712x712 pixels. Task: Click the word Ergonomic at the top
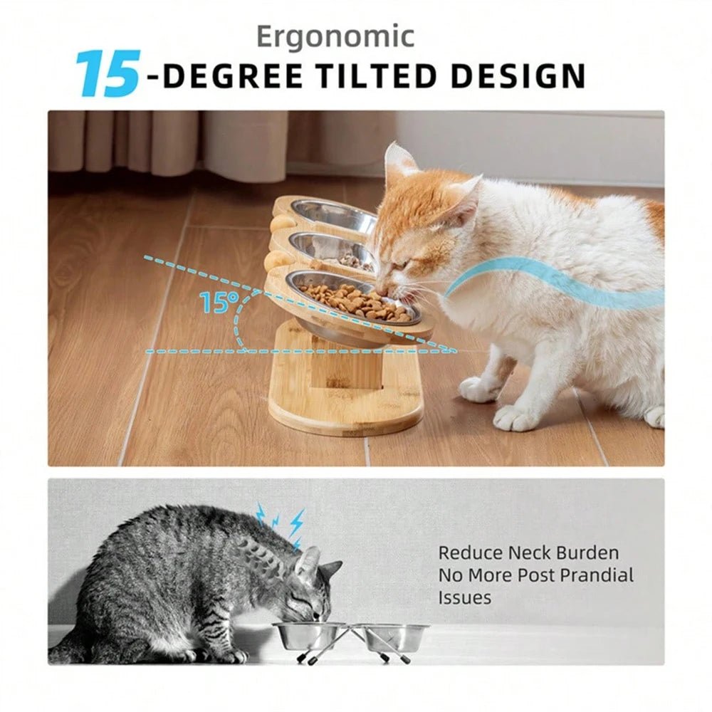335,36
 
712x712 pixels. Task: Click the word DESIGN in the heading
524,76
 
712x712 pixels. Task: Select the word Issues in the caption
464,598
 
